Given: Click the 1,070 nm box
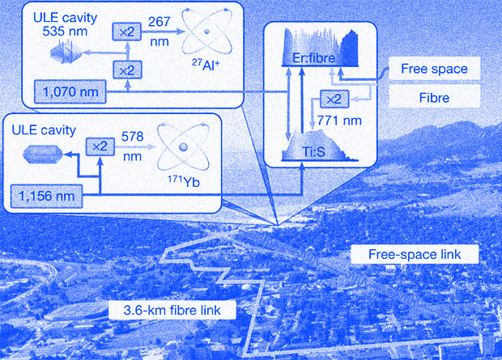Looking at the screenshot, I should click(59, 91).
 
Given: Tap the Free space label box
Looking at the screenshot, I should click(434, 69).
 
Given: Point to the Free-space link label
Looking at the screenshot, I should click(415, 255).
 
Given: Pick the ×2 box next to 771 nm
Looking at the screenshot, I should click(334, 99).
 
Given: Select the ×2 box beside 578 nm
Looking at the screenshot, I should click(100, 146).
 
